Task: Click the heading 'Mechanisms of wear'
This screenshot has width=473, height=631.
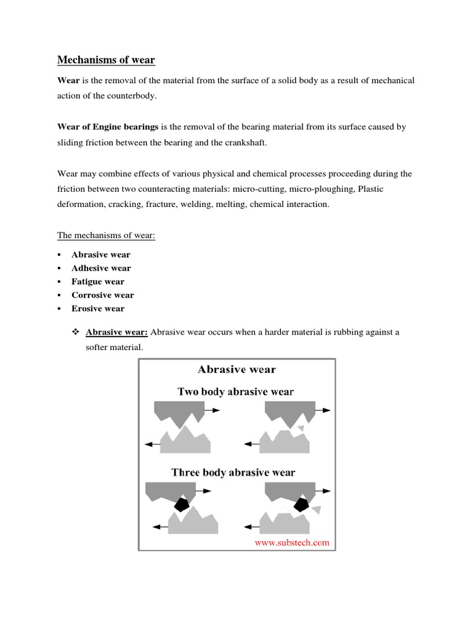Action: [x=106, y=60]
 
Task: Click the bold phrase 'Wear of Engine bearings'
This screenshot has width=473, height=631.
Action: [x=108, y=127]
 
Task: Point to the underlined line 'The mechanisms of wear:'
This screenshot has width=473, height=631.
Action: [x=106, y=235]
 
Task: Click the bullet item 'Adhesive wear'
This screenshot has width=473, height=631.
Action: [x=101, y=268]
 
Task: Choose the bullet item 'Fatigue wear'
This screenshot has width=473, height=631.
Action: [x=98, y=282]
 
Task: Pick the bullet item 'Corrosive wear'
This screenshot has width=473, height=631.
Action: [x=102, y=295]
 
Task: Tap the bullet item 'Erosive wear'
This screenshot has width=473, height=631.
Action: [x=98, y=309]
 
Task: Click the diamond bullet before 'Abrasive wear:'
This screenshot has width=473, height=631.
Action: [x=76, y=332]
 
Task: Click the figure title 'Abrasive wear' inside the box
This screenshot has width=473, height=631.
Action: [x=236, y=370]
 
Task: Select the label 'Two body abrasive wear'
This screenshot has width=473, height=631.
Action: [x=236, y=391]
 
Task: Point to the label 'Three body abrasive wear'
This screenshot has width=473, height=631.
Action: [x=233, y=473]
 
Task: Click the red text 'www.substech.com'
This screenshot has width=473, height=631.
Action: [x=292, y=543]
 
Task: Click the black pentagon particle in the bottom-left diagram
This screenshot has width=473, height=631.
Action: [x=180, y=504]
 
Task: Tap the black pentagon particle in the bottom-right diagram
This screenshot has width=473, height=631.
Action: [x=301, y=505]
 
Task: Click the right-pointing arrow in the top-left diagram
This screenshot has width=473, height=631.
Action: [x=212, y=409]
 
